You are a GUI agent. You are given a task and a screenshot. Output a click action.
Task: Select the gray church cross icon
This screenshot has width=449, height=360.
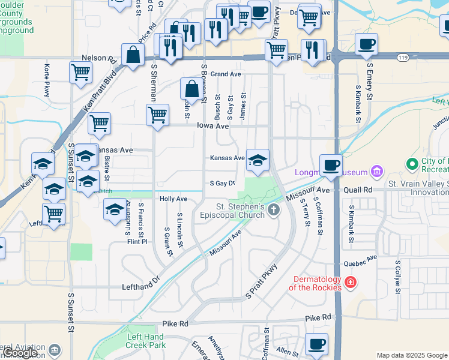click(274, 210)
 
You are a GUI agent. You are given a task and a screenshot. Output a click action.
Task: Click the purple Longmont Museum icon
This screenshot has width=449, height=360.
click(376, 172)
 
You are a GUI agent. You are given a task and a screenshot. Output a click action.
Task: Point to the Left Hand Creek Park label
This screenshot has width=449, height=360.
click(146, 341)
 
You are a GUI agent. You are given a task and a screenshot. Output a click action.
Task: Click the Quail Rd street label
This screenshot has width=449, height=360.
click(359, 190)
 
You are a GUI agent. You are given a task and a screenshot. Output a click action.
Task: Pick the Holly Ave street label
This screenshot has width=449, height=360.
click(173, 199)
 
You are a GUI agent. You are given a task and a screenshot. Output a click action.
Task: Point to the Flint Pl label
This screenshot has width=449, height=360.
click(137, 242)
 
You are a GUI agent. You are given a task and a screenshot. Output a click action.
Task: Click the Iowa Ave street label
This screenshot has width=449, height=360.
click(213, 126)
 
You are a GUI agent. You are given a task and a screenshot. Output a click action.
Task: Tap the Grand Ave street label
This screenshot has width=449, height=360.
click(226, 74)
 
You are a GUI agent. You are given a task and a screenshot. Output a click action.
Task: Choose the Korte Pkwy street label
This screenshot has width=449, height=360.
click(47, 80)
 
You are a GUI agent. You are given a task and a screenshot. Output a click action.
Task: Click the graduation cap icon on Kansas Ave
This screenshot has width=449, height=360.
click(258, 159)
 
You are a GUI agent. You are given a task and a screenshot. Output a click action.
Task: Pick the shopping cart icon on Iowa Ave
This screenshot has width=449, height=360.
click(157, 113)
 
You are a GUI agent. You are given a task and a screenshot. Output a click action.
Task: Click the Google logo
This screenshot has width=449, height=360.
click(20, 353)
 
